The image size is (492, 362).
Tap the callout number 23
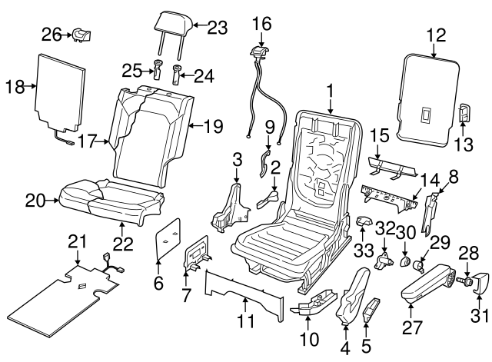pyautogui.click(x=218, y=28)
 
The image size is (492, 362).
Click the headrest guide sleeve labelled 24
pyautogui.click(x=178, y=73)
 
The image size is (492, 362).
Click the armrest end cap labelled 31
pyautogui.click(x=474, y=284)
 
